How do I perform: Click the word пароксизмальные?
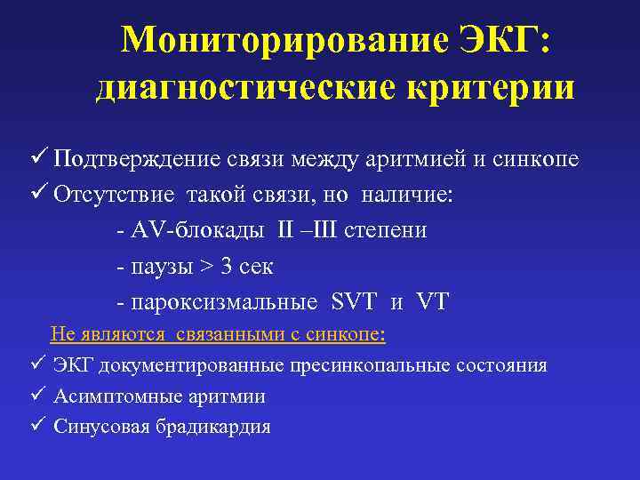click(223, 302)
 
